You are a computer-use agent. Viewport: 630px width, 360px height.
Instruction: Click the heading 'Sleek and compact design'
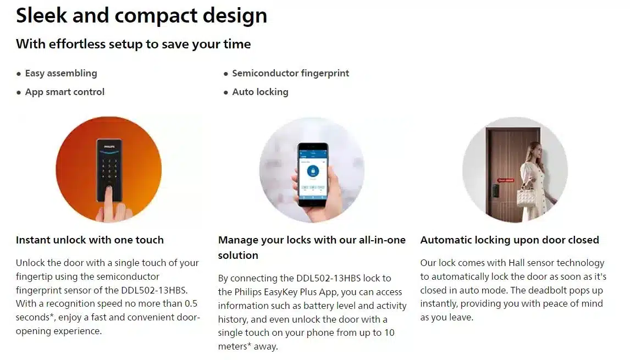pos(141,16)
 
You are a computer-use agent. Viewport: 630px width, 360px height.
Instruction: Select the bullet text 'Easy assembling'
pos(61,73)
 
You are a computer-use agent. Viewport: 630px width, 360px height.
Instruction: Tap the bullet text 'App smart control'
pos(65,92)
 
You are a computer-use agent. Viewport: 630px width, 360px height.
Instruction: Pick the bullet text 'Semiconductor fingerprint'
pos(290,73)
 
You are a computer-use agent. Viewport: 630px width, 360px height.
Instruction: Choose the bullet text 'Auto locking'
pos(261,92)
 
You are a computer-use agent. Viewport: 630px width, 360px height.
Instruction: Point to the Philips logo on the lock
pos(109,147)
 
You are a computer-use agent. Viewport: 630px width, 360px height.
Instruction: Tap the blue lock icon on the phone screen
pos(313,171)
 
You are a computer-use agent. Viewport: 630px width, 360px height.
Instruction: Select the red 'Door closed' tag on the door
pos(505,180)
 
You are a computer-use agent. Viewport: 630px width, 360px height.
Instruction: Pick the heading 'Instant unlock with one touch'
pos(90,240)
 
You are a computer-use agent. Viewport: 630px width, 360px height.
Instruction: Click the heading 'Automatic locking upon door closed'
pos(510,240)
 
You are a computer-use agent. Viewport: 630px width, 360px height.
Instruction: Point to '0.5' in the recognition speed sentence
pos(191,303)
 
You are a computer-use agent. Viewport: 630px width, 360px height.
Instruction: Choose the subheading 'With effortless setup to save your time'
pos(134,44)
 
